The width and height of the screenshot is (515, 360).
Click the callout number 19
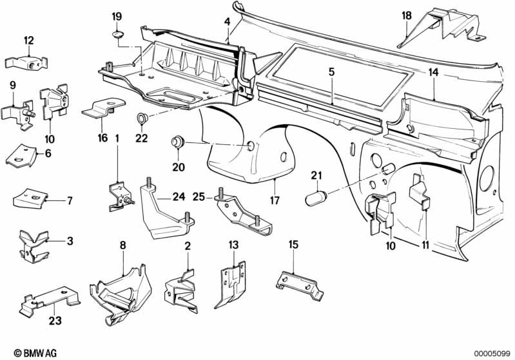tap(117, 16)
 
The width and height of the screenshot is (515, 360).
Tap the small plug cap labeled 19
tap(118, 33)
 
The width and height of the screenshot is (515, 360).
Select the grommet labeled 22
tap(142, 118)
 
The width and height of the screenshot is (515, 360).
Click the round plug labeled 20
tap(178, 142)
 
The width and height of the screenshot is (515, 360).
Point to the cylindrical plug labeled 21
tap(316, 198)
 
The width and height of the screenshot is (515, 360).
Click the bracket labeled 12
tap(26, 62)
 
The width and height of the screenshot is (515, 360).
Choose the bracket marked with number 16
tap(103, 108)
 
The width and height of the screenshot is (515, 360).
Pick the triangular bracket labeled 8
tap(121, 293)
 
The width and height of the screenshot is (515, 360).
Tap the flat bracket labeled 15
tap(300, 285)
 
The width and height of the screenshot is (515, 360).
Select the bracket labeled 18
tap(442, 28)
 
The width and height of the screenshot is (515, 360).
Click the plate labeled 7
tap(30, 198)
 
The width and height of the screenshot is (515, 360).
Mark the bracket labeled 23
tap(50, 300)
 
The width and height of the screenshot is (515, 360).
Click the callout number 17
tap(275, 200)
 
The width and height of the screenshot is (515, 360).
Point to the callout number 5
tap(331, 71)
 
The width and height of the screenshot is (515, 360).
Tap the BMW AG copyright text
tap(35, 353)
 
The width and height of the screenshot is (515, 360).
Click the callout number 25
tap(198, 197)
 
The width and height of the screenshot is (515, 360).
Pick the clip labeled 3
tap(34, 247)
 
